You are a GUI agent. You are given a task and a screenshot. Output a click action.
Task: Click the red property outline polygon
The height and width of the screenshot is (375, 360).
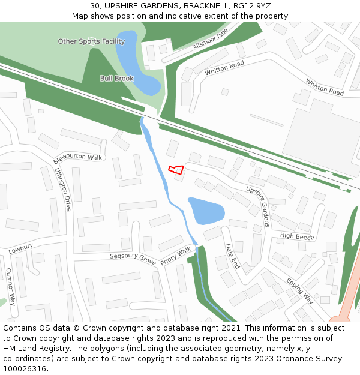point(176,169)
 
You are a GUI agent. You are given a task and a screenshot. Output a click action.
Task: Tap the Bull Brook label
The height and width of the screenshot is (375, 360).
point(116,79)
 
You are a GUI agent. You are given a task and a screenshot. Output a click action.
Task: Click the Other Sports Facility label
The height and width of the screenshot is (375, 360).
point(91,41)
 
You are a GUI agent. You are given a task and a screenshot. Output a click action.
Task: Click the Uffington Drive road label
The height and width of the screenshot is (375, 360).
point(64,189)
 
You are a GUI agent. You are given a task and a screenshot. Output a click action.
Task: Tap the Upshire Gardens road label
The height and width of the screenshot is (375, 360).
point(258,206)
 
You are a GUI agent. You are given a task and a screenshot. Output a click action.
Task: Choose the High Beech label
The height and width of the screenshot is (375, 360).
point(297,236)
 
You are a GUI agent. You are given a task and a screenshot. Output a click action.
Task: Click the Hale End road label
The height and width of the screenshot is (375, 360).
point(232,256)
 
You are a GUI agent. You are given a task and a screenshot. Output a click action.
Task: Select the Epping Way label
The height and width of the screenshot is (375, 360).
point(299,290)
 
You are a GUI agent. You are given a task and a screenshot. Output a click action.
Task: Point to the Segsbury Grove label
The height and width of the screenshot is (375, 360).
point(133,259)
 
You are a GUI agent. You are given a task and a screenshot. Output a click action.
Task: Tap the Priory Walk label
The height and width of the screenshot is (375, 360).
point(176,255)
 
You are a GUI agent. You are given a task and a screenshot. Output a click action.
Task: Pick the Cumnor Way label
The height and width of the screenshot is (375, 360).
point(10,287)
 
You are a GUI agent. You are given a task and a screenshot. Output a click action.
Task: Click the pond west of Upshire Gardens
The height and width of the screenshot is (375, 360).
point(206,211)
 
